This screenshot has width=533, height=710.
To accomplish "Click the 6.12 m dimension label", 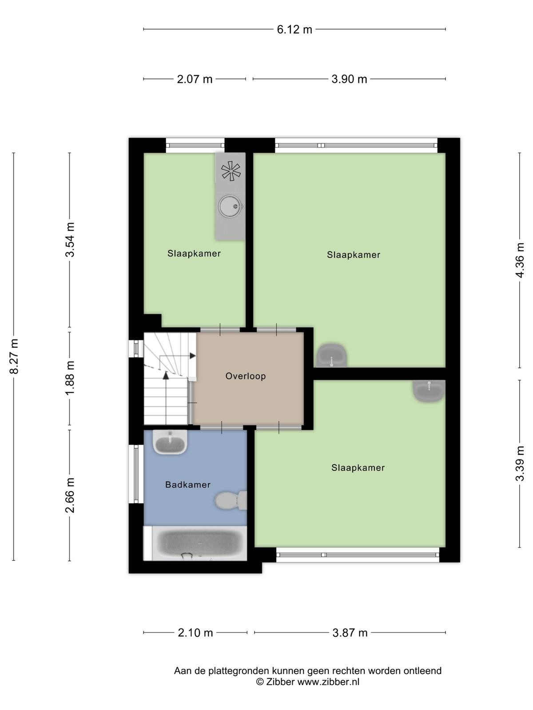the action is (294, 30).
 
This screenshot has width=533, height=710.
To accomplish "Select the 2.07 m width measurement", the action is (195, 79).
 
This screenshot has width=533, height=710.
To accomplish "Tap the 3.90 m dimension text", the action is (349, 79).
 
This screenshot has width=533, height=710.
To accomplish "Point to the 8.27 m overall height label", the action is (14, 356).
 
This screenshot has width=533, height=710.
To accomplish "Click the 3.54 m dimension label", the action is (70, 240).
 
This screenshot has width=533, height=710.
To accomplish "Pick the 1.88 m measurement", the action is (70, 378).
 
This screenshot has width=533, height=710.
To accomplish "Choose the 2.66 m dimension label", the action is (70, 495).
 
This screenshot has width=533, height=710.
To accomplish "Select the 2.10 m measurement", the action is (195, 633).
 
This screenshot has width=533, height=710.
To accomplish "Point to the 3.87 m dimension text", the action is (350, 633).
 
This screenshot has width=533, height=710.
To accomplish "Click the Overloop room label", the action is (246, 376).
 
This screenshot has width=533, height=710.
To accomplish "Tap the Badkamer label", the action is (188, 485).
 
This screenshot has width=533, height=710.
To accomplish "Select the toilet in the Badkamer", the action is (231, 501).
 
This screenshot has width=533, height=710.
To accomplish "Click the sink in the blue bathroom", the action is (170, 442).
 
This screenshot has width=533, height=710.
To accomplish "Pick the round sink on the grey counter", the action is (230, 206).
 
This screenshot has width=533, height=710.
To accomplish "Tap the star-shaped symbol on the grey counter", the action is (231, 171).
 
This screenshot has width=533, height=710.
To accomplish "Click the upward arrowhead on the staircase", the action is (166, 375).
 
